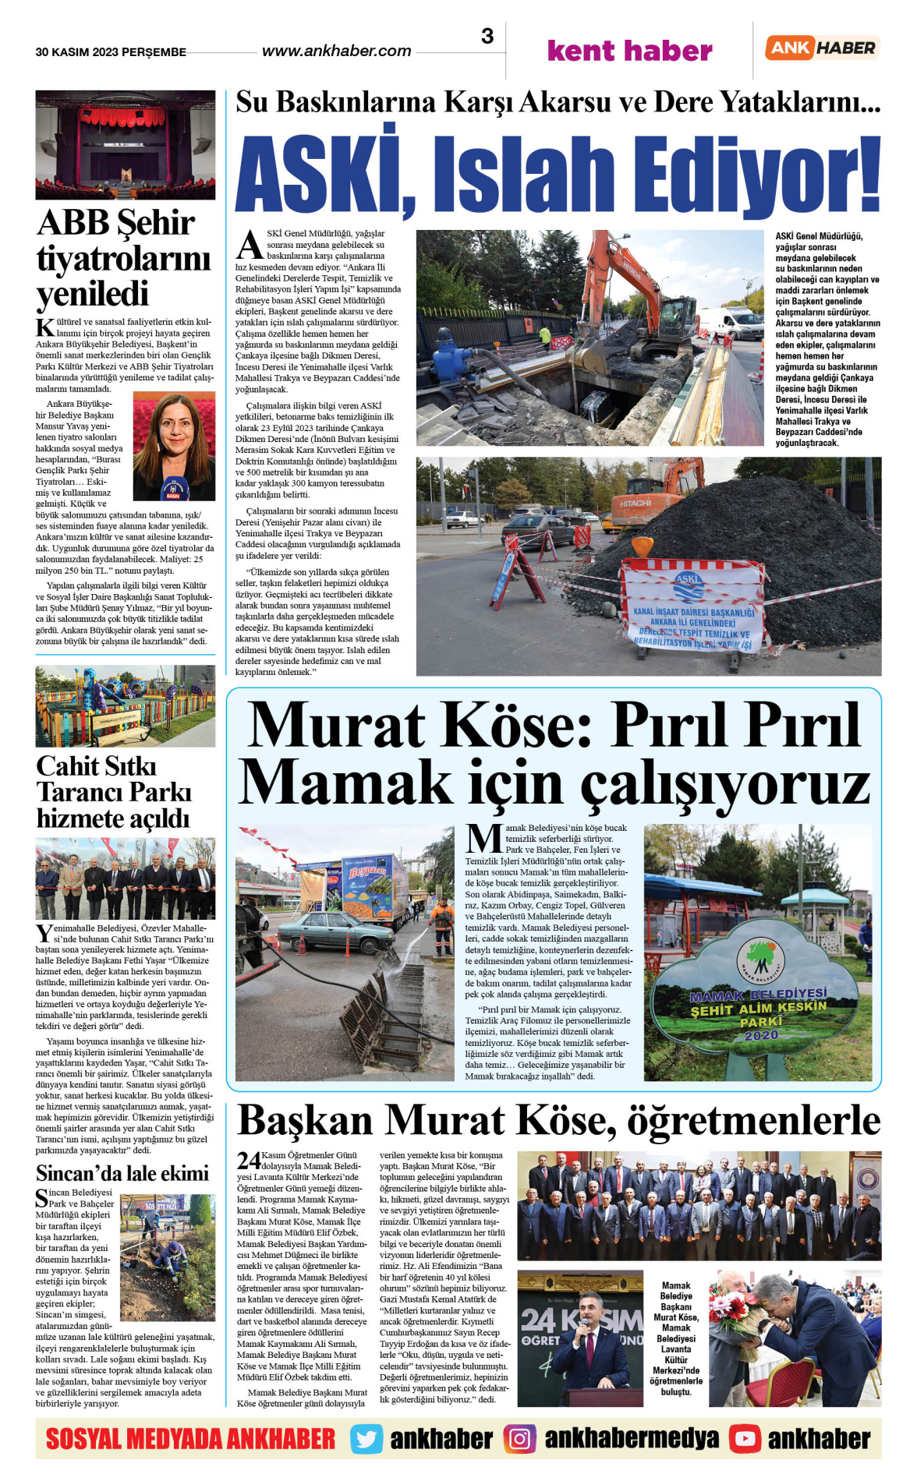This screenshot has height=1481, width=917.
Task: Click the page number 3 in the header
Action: click(487, 37)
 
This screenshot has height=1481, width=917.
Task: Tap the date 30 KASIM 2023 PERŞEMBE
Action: click(111, 52)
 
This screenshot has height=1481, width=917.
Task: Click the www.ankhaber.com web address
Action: click(336, 51)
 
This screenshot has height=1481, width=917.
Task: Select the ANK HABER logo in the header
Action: click(822, 48)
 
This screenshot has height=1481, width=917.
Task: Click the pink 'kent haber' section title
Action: click(629, 51)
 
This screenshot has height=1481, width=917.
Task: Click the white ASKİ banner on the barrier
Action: click(693, 605)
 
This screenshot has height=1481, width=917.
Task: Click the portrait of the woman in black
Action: click(174, 446)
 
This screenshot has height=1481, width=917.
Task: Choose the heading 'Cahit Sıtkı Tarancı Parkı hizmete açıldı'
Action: click(113, 792)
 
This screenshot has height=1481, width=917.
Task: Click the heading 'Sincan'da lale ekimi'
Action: click(122, 1173)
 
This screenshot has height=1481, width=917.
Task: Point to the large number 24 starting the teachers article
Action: click(249, 1161)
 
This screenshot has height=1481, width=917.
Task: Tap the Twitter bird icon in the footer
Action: click(366, 1439)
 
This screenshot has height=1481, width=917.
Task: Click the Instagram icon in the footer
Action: click(519, 1439)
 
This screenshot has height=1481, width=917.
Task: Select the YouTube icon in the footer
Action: click(745, 1439)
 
